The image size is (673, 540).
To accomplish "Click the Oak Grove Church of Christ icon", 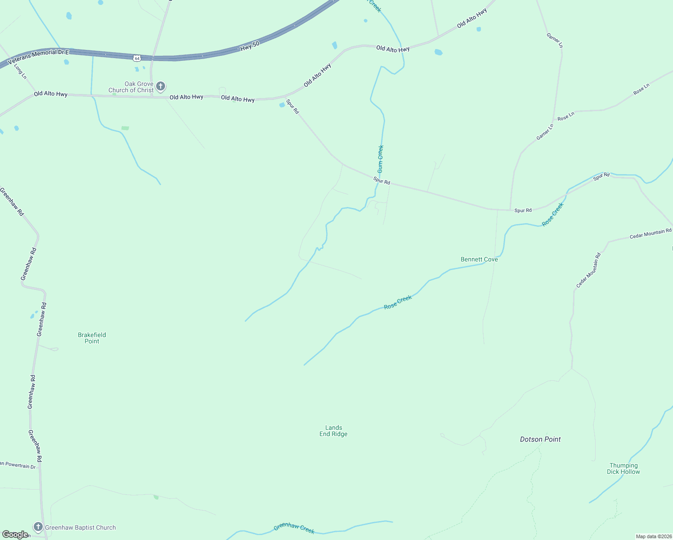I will pyautogui.click(x=161, y=86).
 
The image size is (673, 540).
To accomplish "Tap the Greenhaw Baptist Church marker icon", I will pyautogui.click(x=38, y=527).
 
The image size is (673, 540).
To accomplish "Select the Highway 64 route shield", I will pyautogui.click(x=137, y=58).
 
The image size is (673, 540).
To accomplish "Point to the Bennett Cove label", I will pyautogui.click(x=479, y=259).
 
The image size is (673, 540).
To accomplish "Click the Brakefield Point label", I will pyautogui.click(x=92, y=338).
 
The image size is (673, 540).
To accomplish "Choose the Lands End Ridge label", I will pyautogui.click(x=333, y=431).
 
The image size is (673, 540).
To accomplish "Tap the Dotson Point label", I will pyautogui.click(x=540, y=439).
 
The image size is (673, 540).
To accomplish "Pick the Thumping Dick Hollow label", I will pyautogui.click(x=623, y=468).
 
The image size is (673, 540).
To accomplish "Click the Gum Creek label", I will pyautogui.click(x=381, y=159).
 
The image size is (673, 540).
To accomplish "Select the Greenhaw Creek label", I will pyautogui.click(x=294, y=528).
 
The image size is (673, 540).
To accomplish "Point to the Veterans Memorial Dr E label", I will pyautogui.click(x=38, y=56).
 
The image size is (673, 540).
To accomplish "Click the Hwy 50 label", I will pyautogui.click(x=250, y=46).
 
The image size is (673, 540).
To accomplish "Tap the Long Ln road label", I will pyautogui.click(x=20, y=71).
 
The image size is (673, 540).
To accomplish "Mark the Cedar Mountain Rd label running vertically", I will pyautogui.click(x=588, y=270).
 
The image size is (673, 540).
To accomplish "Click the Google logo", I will pyautogui.click(x=15, y=534).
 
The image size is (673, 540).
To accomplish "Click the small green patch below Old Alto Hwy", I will pyautogui.click(x=125, y=128).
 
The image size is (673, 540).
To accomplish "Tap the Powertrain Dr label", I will pyautogui.click(x=18, y=465).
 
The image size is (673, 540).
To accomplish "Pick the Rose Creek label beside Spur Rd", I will pyautogui.click(x=552, y=215).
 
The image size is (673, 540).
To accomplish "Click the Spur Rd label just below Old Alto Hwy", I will pyautogui.click(x=292, y=107).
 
